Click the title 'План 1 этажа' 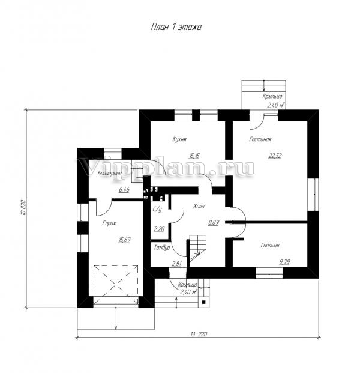coord(176,27)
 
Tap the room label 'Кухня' coord(179,139)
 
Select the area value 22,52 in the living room coord(275,156)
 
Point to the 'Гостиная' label coord(260,139)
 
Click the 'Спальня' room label coord(270,245)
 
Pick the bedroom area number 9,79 coord(284,262)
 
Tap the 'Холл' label coord(199,206)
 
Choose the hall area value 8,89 coord(214,223)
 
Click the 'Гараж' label coord(109,223)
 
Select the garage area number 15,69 coord(124,240)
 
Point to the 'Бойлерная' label coord(110,173)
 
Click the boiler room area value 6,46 coord(124,190)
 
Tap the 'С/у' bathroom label coord(157,210)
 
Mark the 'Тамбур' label coord(162,247)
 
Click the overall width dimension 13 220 coord(199,334)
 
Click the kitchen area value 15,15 coord(194,156)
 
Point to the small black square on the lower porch coord(203,302)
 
